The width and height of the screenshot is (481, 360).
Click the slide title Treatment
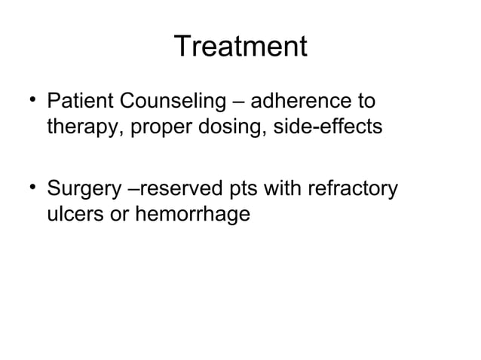240,47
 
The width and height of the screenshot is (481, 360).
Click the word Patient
77,102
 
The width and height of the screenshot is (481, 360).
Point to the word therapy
78,127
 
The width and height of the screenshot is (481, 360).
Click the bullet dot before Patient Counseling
34,98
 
